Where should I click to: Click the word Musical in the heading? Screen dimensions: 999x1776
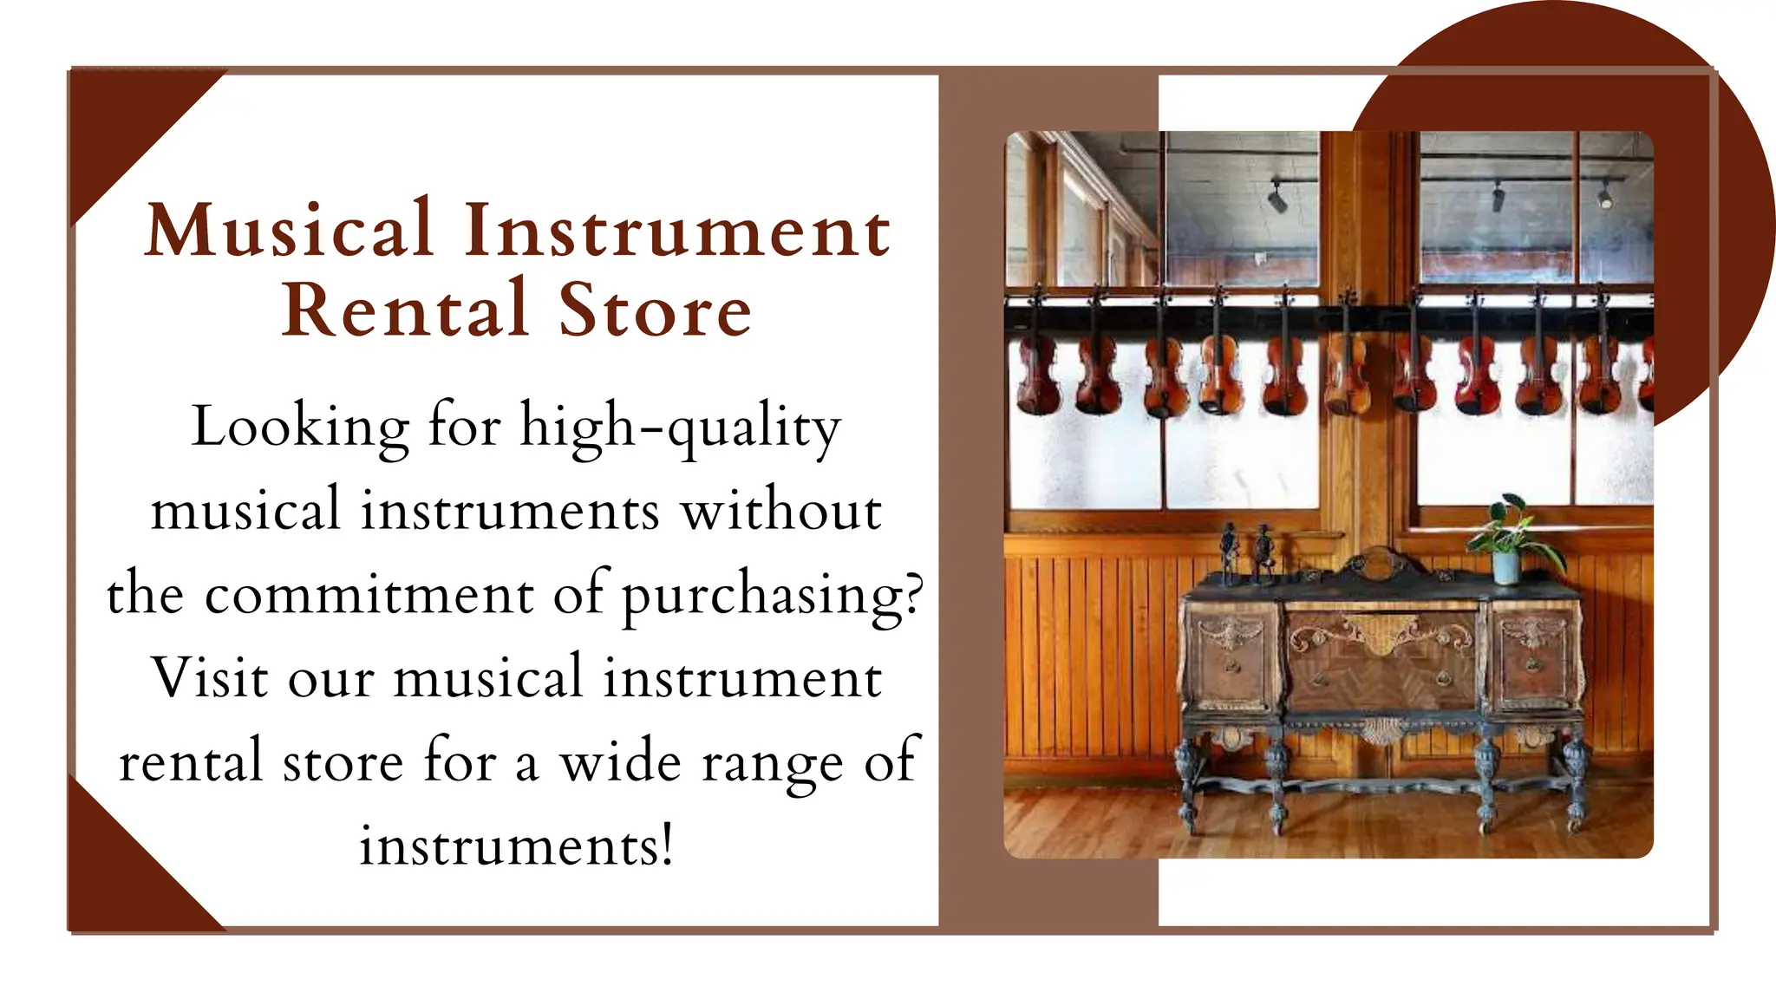coord(290,229)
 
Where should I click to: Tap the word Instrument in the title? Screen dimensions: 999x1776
coord(677,231)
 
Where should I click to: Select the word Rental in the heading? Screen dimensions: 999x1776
coord(405,310)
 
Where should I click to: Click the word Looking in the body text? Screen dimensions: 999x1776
coord(300,427)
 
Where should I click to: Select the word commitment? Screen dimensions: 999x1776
coord(369,595)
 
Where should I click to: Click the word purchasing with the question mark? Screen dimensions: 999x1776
coord(773,597)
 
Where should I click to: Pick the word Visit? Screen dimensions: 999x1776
coord(209,678)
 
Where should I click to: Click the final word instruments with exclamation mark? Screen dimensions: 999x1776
coord(516,846)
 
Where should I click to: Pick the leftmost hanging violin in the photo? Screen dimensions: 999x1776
coord(1037,373)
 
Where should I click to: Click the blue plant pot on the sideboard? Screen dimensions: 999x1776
coord(1506,567)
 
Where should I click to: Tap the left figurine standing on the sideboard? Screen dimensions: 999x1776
coord(1229,551)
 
